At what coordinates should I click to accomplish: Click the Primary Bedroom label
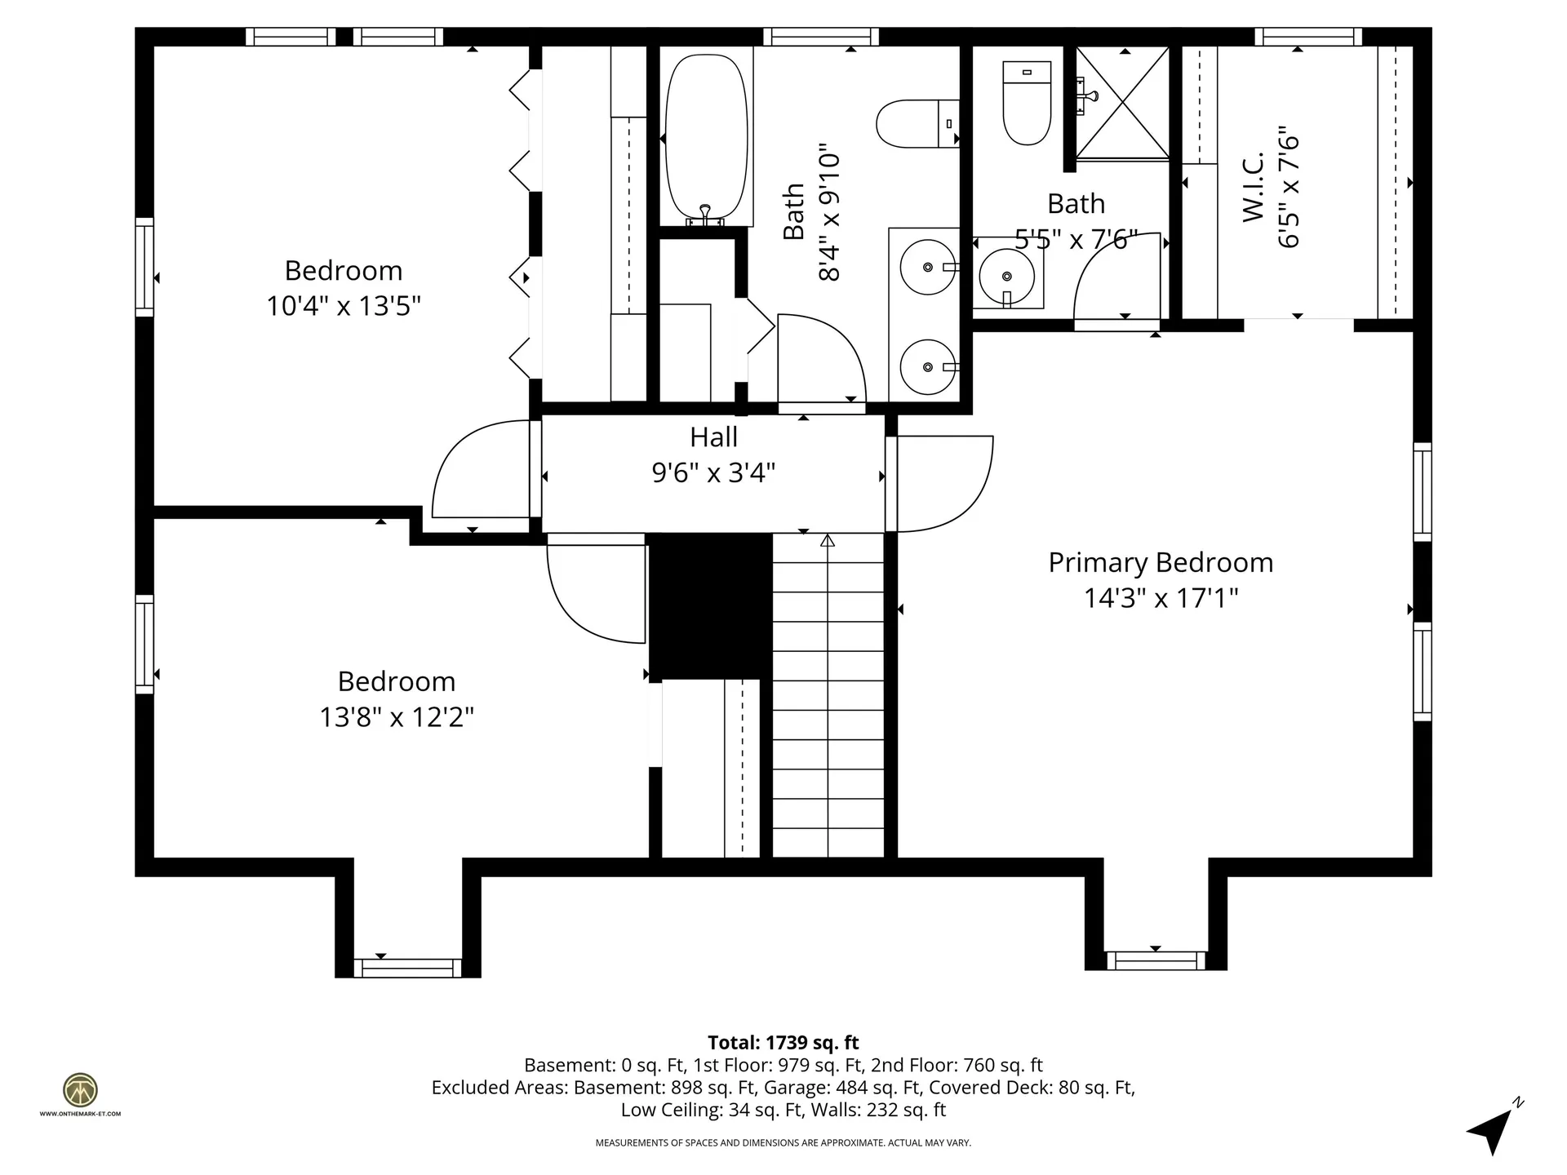1161,562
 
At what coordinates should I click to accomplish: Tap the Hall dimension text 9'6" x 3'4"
713,472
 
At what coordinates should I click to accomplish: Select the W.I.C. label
1253,187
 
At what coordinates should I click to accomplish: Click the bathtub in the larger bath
707,140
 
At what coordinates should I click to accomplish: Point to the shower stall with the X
1123,102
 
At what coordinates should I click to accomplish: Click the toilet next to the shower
1027,103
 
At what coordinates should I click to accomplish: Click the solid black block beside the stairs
710,606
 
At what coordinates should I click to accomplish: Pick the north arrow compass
1495,1128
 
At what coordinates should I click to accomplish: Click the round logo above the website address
80,1090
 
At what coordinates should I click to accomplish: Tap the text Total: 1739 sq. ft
783,1042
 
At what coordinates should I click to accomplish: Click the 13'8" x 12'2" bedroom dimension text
397,717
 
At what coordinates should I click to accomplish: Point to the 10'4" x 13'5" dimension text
344,306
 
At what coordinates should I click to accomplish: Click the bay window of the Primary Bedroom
1156,960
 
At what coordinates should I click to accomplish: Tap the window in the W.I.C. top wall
1308,37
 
